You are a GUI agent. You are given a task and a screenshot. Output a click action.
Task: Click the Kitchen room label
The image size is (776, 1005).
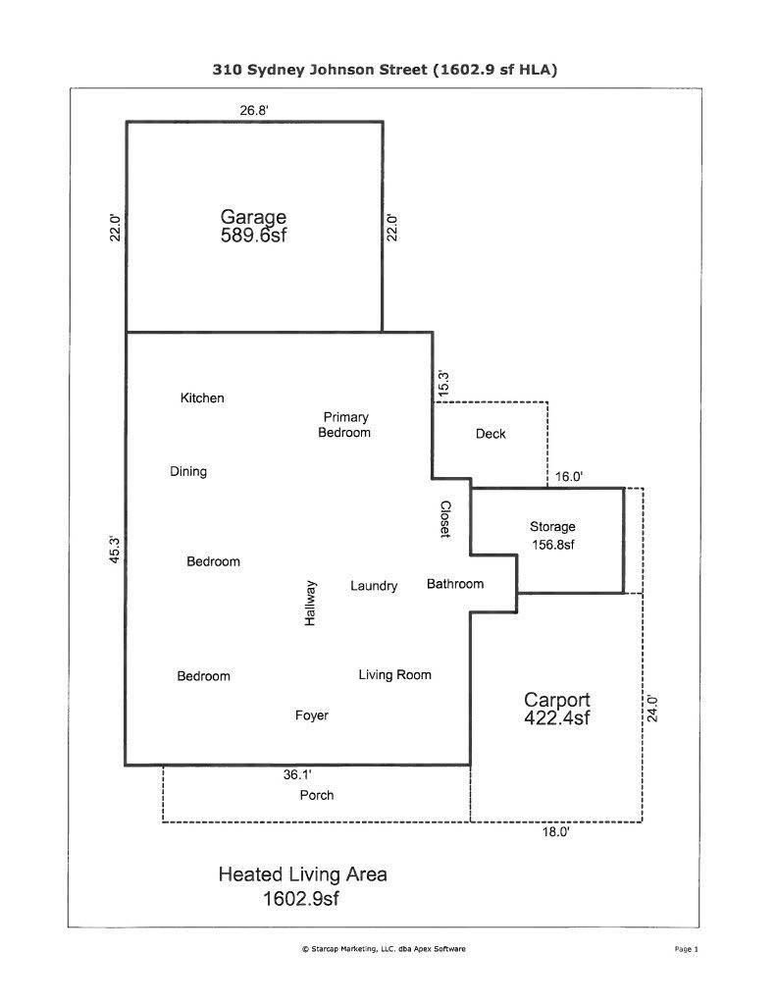(202, 398)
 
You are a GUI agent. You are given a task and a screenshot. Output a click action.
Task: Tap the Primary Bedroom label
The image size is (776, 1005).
(344, 425)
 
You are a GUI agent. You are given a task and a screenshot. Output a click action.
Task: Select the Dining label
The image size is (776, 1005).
(188, 472)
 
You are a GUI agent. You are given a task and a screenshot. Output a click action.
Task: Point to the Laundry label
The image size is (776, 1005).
(374, 586)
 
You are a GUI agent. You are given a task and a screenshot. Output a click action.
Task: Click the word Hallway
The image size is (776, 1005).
(310, 604)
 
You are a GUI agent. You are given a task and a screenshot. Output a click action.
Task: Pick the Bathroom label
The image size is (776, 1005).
(455, 584)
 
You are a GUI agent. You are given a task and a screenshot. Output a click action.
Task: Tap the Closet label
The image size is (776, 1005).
(445, 518)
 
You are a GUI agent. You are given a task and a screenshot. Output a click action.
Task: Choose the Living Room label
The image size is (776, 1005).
(394, 675)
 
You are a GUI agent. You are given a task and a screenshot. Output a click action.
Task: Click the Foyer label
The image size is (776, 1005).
(312, 715)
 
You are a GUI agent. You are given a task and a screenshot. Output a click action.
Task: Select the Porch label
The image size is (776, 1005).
(316, 795)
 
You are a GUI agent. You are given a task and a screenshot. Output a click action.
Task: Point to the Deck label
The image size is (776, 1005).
(491, 434)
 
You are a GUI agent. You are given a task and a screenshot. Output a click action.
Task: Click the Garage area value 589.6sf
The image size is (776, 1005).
(253, 236)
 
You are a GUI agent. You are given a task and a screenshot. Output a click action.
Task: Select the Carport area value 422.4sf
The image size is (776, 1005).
(556, 718)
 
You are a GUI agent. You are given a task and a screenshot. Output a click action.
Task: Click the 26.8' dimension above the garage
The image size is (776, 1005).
(254, 111)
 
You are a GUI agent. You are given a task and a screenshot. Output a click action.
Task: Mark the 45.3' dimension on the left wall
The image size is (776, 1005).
(115, 549)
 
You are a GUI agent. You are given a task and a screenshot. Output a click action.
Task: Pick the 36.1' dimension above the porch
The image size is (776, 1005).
(298, 774)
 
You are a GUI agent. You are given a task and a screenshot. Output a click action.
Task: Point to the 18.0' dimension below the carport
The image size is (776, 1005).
(556, 832)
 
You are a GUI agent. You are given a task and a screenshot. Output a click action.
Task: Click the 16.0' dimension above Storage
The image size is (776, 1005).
(569, 476)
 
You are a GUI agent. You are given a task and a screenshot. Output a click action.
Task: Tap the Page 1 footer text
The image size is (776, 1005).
(686, 949)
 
